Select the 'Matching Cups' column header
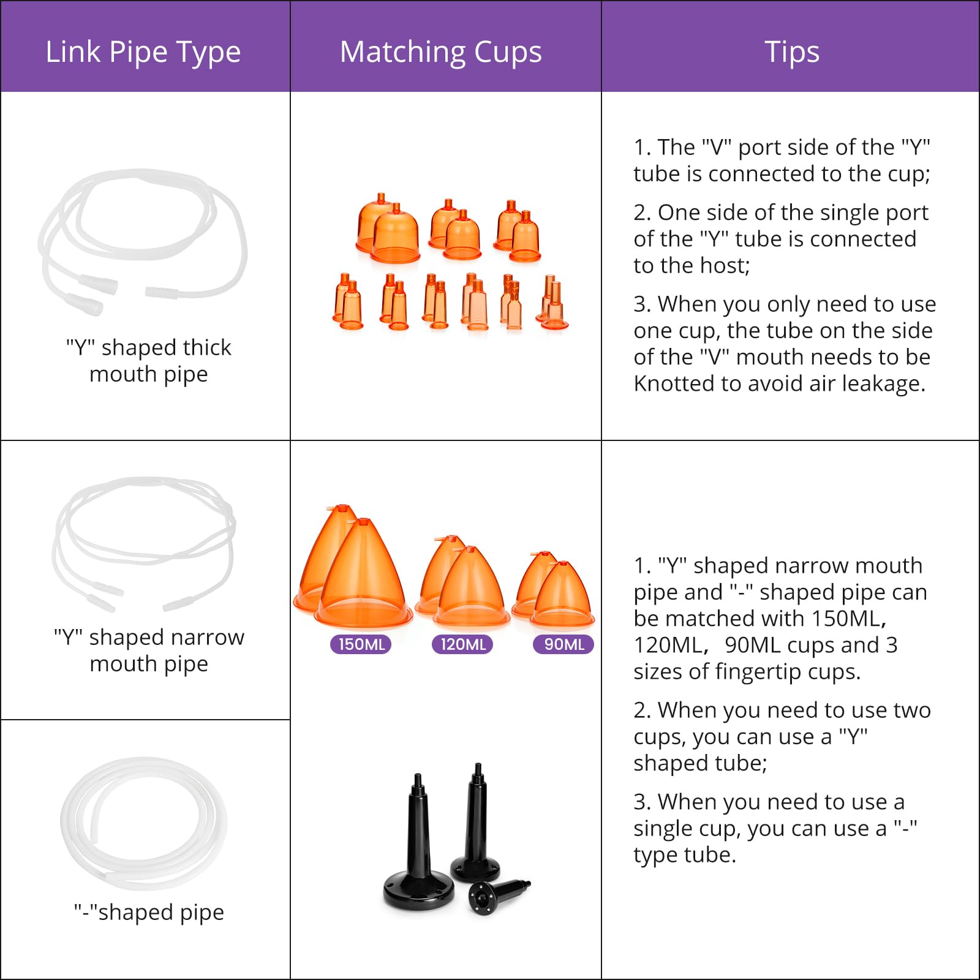point(441,52)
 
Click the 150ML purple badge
point(361,644)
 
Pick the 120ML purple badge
point(462,644)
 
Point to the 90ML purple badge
point(563,644)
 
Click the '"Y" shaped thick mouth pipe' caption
point(149,361)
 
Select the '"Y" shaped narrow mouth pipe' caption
point(149,650)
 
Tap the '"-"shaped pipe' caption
point(149,912)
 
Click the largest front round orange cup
point(396,236)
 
